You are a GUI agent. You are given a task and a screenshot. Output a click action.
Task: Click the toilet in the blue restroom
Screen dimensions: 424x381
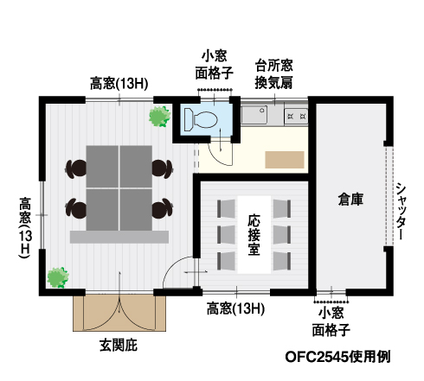[201, 118]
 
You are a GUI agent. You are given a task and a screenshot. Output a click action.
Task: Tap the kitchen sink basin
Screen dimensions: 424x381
[254, 115]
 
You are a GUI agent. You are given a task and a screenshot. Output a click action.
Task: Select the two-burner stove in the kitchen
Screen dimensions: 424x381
[296, 117]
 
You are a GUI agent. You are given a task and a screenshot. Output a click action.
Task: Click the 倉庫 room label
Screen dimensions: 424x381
[350, 199]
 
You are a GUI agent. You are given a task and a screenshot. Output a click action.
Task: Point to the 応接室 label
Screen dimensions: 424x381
[254, 235]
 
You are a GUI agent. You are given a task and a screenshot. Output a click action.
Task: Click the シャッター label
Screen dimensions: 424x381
[400, 211]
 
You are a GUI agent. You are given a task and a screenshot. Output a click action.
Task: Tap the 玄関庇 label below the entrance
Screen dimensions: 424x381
[119, 345]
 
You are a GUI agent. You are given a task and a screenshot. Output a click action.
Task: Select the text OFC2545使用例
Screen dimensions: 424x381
[337, 357]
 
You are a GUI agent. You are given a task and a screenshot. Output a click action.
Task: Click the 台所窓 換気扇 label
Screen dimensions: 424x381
[273, 74]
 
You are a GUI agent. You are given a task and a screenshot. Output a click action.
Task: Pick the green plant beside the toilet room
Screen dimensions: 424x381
[159, 117]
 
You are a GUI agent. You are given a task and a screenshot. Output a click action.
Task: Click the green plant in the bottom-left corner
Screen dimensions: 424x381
[58, 277]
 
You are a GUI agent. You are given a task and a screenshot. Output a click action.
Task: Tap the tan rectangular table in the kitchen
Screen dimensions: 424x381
[285, 160]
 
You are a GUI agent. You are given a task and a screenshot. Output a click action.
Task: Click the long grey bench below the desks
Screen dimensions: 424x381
[119, 237]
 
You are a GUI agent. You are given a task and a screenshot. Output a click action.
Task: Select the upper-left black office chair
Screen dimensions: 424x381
[76, 168]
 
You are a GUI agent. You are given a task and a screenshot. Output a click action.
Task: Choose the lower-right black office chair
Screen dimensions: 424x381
[163, 208]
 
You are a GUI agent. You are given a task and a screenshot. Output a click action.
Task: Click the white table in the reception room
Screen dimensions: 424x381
[254, 235]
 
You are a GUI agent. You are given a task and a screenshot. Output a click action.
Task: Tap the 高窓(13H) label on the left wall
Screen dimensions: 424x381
[25, 227]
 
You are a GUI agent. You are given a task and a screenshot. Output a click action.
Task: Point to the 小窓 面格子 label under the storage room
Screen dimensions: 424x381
[331, 322]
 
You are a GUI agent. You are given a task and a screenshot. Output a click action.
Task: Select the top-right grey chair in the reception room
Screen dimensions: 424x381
[282, 208]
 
